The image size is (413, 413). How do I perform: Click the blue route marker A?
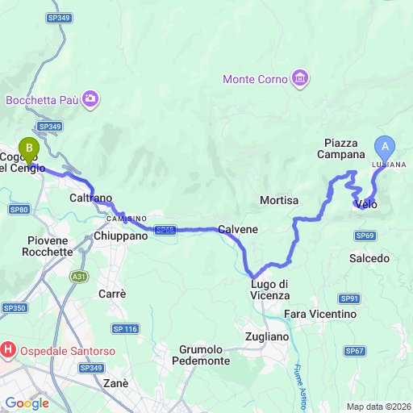click(385, 148)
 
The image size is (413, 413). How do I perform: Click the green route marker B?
click(29, 149)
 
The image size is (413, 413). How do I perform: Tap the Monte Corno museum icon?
click(301, 78)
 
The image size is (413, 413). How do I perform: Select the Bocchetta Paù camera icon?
click(90, 99)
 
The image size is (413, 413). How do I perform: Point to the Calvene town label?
click(238, 229)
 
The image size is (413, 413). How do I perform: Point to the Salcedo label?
click(369, 259)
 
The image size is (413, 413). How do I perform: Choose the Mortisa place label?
click(280, 200)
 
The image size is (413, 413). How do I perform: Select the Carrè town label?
click(112, 294)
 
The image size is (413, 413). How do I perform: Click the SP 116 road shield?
click(126, 328)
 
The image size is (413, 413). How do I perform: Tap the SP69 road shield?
click(365, 235)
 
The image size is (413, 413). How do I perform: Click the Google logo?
click(27, 403)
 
